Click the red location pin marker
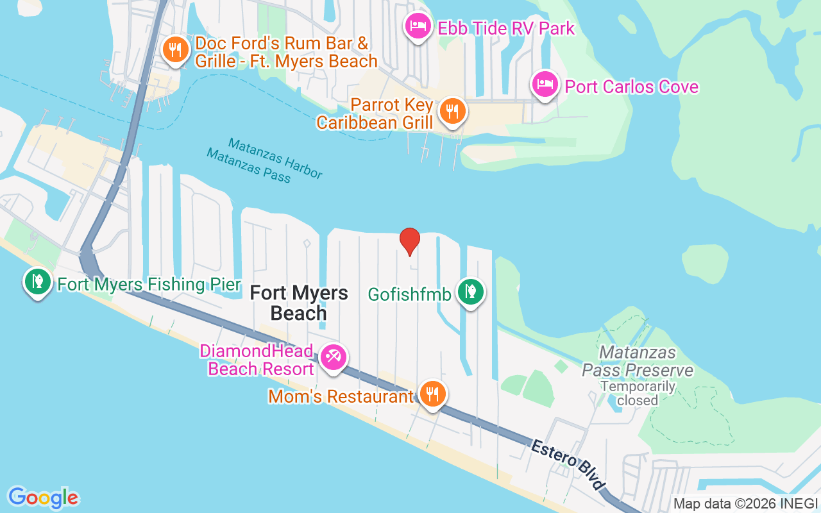tap(410, 241)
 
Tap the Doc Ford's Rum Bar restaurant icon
tap(174, 49)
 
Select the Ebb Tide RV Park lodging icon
tap(418, 26)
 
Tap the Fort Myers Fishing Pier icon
tap(38, 282)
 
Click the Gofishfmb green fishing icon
tap(471, 292)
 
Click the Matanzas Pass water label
tap(248, 165)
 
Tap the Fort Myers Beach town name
tap(298, 303)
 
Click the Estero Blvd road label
tap(568, 466)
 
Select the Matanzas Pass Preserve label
tap(638, 362)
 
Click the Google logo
tap(44, 498)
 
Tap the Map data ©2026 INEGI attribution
tap(746, 504)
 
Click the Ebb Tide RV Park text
tap(506, 28)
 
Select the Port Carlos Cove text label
tap(631, 87)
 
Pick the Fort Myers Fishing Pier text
tap(149, 285)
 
